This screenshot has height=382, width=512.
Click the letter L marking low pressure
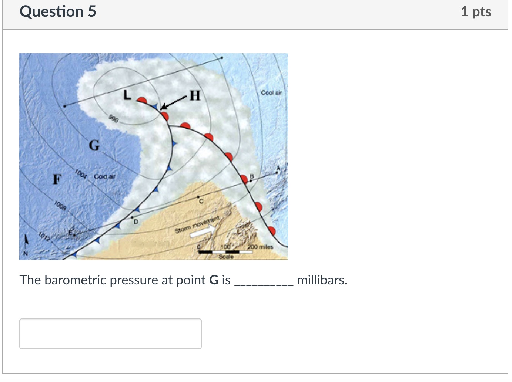(127, 96)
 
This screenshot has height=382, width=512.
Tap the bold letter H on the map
(195, 96)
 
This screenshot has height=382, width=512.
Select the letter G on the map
(94, 145)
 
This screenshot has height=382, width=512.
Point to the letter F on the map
(57, 179)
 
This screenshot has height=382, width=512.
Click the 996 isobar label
(114, 119)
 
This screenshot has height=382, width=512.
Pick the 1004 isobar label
(80, 174)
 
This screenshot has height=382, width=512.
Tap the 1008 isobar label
(60, 206)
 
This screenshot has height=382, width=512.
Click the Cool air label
(271, 92)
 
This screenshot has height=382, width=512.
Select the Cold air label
(104, 176)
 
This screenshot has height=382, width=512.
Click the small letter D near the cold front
(135, 222)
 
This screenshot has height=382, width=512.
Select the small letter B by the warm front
(252, 176)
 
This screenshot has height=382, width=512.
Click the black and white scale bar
(225, 252)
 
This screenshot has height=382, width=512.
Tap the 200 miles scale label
(260, 247)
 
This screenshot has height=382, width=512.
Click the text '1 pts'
(476, 11)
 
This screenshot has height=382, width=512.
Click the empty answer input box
(110, 334)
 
